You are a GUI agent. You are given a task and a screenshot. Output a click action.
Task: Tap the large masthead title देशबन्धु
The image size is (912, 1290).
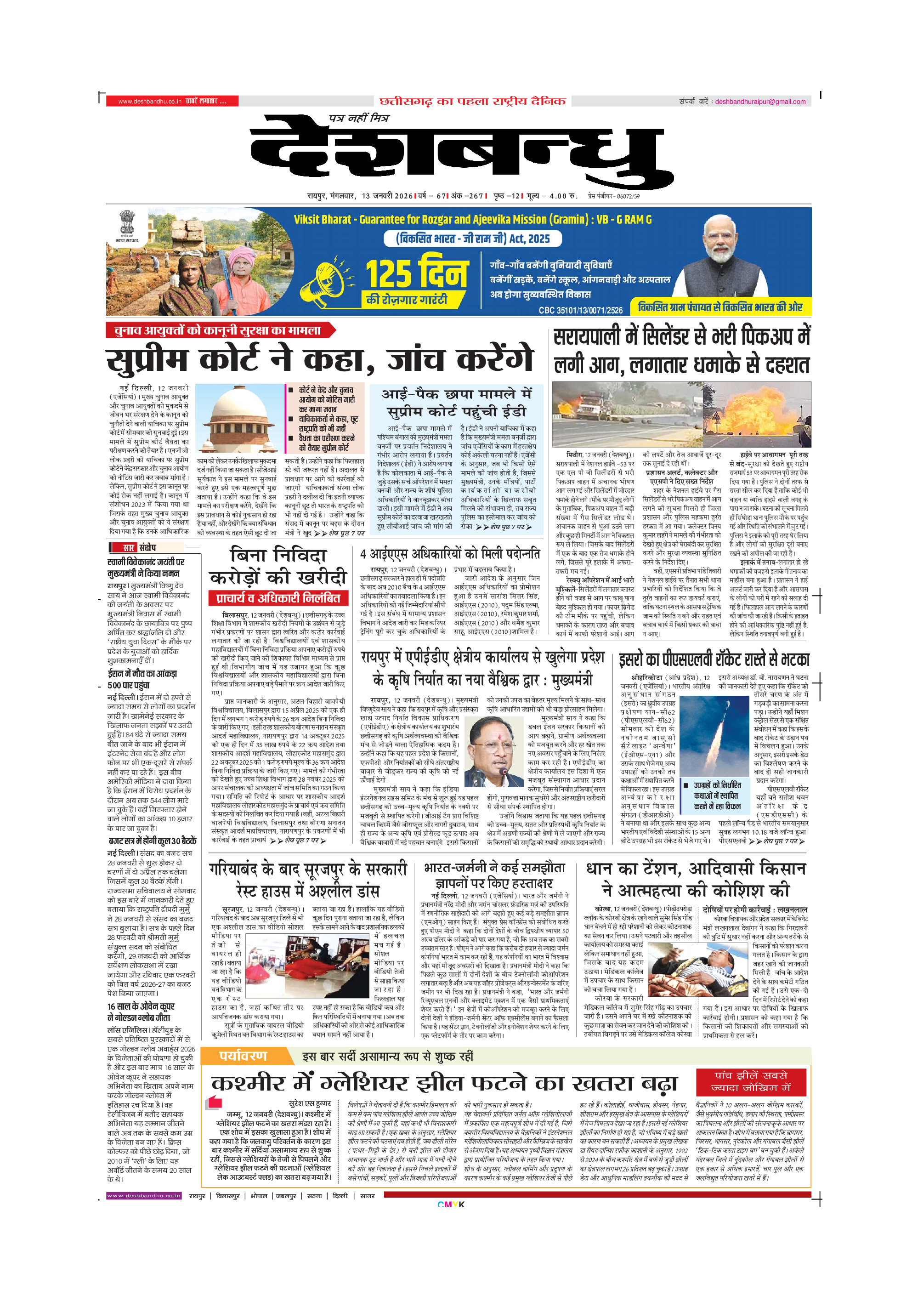click(x=460, y=154)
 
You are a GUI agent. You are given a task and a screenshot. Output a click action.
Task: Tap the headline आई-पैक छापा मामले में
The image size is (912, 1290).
click(x=456, y=394)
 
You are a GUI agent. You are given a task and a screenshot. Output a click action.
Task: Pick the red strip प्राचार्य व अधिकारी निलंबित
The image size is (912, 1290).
click(x=278, y=598)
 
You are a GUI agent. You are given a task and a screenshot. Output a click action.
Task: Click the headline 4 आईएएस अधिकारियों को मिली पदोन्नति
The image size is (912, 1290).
click(x=450, y=554)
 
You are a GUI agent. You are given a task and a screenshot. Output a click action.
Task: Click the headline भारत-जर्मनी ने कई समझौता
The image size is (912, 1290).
click(x=494, y=868)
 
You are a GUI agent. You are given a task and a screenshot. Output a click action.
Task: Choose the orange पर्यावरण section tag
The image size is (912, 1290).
click(x=243, y=1056)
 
